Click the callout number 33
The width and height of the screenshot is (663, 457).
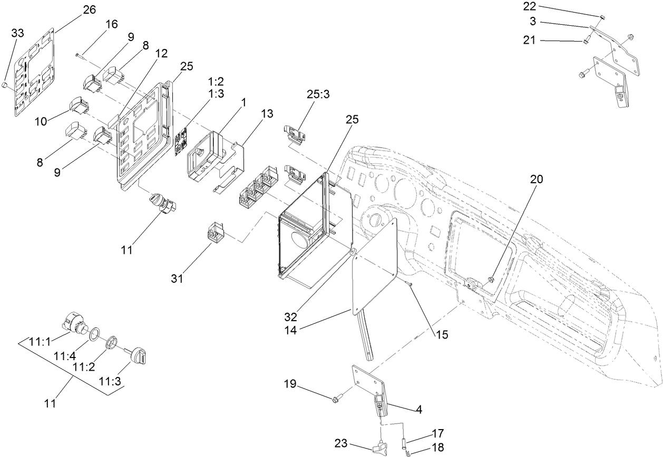point(18,33)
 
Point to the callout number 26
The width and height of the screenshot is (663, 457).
point(89,10)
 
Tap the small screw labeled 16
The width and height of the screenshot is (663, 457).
point(77,54)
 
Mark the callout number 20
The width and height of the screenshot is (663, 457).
point(536,179)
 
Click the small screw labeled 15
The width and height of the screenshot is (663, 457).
point(409,284)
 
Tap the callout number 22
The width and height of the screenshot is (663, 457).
point(530,6)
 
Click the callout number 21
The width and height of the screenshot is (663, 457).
point(530,41)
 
